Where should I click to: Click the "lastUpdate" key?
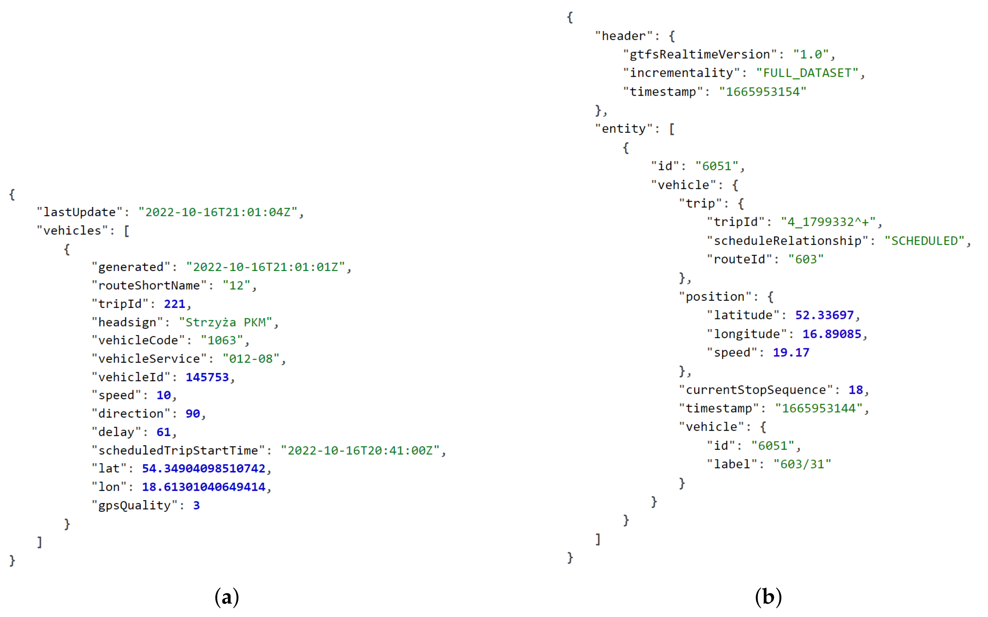pos(80,212)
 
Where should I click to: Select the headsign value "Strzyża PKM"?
pos(226,322)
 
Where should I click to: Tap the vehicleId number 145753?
pos(207,377)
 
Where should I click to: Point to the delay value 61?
pos(163,432)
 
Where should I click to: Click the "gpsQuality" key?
pos(134,505)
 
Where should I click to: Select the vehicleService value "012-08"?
pos(251,359)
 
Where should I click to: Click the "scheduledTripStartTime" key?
pos(178,450)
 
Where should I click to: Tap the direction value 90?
pos(193,413)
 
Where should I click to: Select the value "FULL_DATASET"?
pos(807,73)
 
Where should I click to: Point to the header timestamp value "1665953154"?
pos(762,92)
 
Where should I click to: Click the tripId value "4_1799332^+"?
pos(828,222)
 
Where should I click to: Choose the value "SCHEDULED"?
pos(924,241)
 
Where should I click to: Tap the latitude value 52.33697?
pos(824,315)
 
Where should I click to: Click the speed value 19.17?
pos(791,352)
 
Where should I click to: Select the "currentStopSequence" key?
pos(756,390)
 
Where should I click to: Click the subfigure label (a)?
pos(227,597)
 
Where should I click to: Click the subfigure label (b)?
pos(768,597)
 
